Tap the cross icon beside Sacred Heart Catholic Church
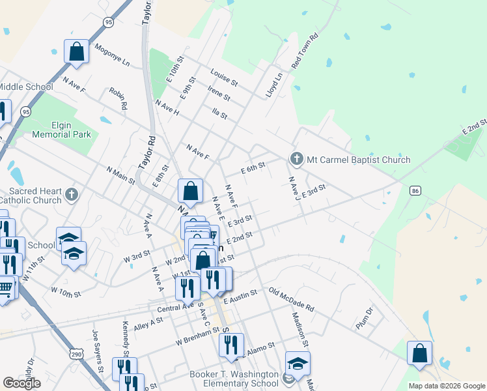point(72,194)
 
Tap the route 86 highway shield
point(415,191)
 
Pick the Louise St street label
point(224,78)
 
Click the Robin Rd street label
point(118,98)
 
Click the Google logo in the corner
point(21,383)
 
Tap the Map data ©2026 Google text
point(447,386)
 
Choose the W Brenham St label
point(197,337)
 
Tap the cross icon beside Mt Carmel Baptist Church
point(296,159)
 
